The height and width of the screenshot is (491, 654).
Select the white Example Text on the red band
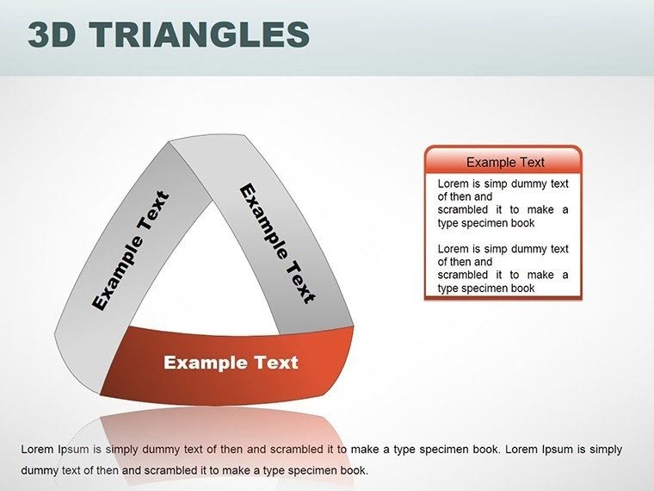coord(231,363)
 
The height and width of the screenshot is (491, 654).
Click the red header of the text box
coord(503,161)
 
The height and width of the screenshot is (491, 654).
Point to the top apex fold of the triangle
coord(176,148)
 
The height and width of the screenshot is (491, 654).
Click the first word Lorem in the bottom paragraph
coord(36,450)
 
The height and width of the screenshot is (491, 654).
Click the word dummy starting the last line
coord(39,470)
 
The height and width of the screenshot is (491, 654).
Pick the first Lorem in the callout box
coord(453,183)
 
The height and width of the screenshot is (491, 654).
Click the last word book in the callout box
coord(521,288)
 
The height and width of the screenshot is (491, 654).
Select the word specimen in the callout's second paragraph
coord(488,288)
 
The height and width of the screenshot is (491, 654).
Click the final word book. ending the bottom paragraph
coord(354,470)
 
